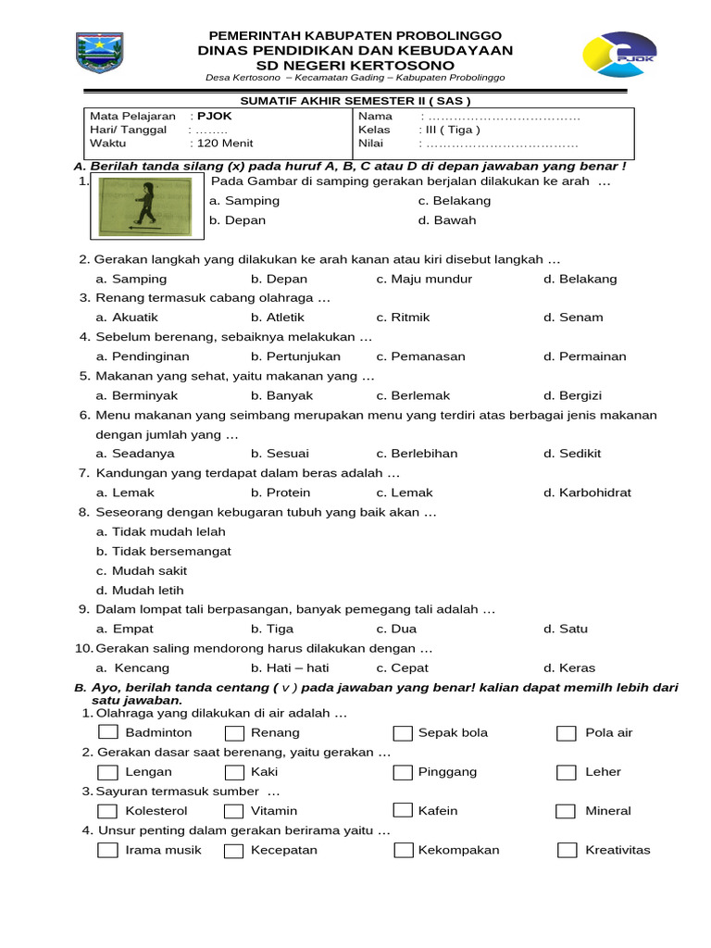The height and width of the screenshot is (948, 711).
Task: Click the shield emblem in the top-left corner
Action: (99, 54)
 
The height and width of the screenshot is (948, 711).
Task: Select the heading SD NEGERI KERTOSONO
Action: (355, 66)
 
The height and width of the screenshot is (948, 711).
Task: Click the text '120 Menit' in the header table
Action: (221, 143)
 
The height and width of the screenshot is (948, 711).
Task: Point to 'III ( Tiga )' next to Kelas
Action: (452, 130)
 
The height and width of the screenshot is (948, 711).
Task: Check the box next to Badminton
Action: (108, 733)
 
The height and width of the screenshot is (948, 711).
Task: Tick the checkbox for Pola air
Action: (566, 733)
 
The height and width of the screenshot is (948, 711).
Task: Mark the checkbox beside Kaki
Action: (233, 772)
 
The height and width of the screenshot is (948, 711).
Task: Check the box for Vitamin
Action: (233, 811)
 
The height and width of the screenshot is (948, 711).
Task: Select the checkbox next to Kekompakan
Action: (402, 850)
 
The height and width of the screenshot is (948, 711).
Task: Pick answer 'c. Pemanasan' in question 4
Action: (420, 356)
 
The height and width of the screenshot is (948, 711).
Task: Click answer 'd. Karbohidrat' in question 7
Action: (587, 493)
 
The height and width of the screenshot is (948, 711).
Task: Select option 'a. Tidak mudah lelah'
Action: (161, 531)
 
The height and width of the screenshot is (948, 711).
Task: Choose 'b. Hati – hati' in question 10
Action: (290, 667)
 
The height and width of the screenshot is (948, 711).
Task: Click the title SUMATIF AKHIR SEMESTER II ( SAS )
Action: (355, 100)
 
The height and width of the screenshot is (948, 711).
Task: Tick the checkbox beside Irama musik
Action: (108, 850)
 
